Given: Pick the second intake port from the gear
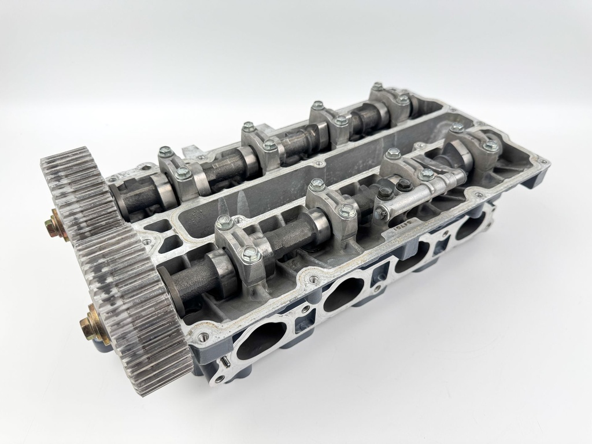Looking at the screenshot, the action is click(343, 291).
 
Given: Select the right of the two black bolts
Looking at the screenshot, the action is click(404, 184).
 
